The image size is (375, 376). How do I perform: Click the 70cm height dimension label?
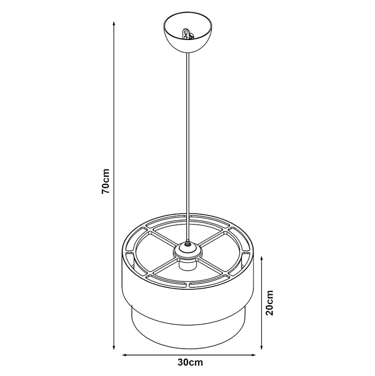pos(106,181)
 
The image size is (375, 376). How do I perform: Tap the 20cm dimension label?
pos(269,303)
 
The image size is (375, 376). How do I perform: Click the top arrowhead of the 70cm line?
pos(114,24)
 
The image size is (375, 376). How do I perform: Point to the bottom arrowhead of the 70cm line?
pos(114,347)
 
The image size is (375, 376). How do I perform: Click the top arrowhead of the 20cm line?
pos(262,259)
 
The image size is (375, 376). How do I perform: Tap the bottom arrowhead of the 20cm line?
pos(262,347)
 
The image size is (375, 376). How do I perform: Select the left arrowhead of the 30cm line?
pos(125,355)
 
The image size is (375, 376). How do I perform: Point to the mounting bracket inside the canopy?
pos(188,34)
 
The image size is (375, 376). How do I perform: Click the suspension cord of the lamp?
pos(188,147)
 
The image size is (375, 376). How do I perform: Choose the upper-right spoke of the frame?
pos(212,237)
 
